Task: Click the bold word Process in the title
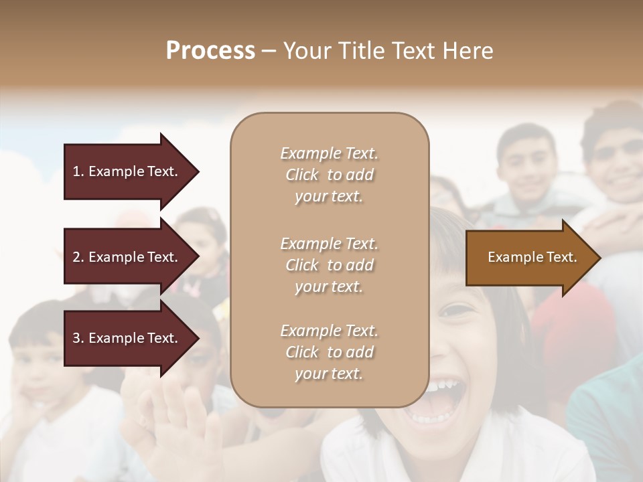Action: tap(210, 51)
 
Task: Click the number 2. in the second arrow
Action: tap(78, 257)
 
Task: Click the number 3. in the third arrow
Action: tap(78, 338)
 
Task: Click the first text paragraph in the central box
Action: tap(329, 175)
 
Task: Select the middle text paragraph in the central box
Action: tap(329, 265)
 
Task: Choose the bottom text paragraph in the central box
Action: tap(329, 352)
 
